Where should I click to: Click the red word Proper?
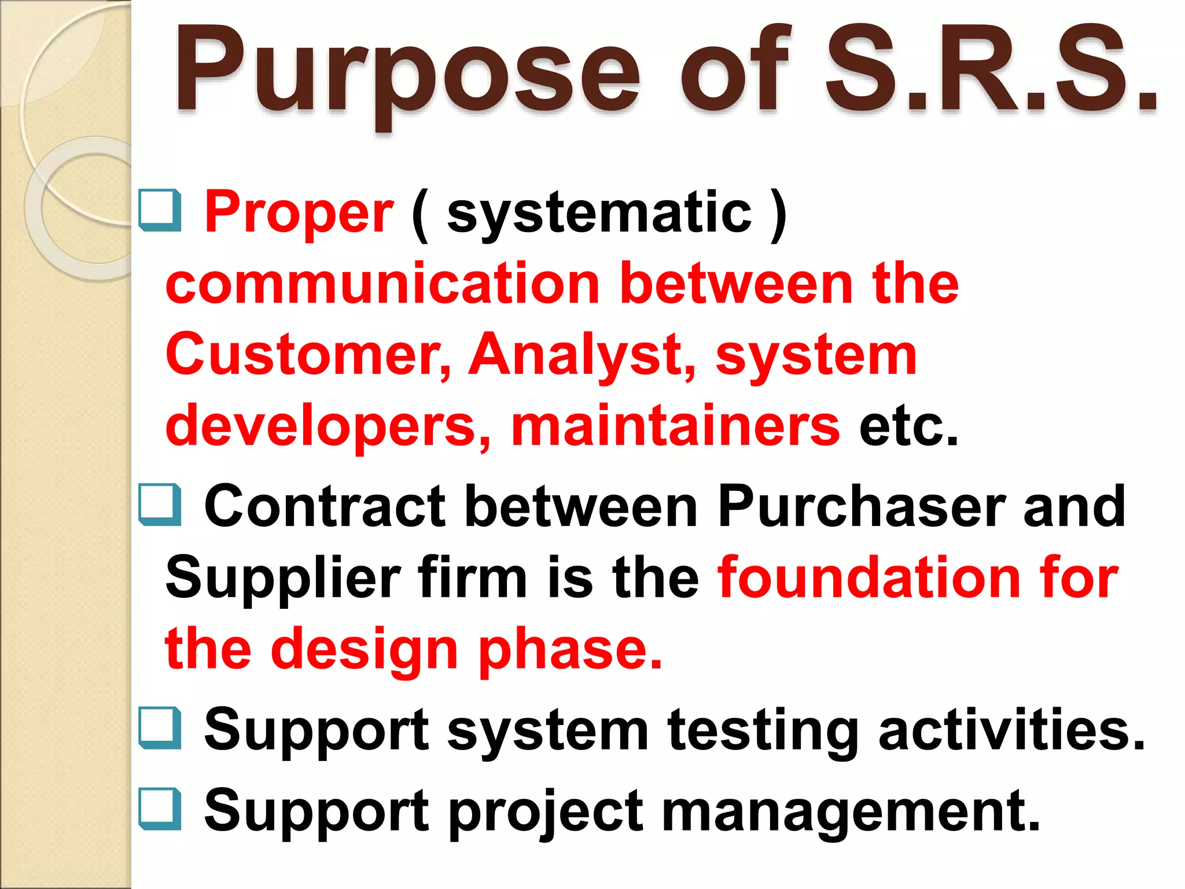pos(299,212)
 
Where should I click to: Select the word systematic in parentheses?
pos(599,212)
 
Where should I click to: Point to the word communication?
pos(382,284)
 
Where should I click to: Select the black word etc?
pos(908,425)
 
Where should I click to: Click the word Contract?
pos(325,506)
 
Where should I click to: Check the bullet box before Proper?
pos(160,211)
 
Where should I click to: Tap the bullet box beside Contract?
pos(160,505)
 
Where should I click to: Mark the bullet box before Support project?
pos(160,809)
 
